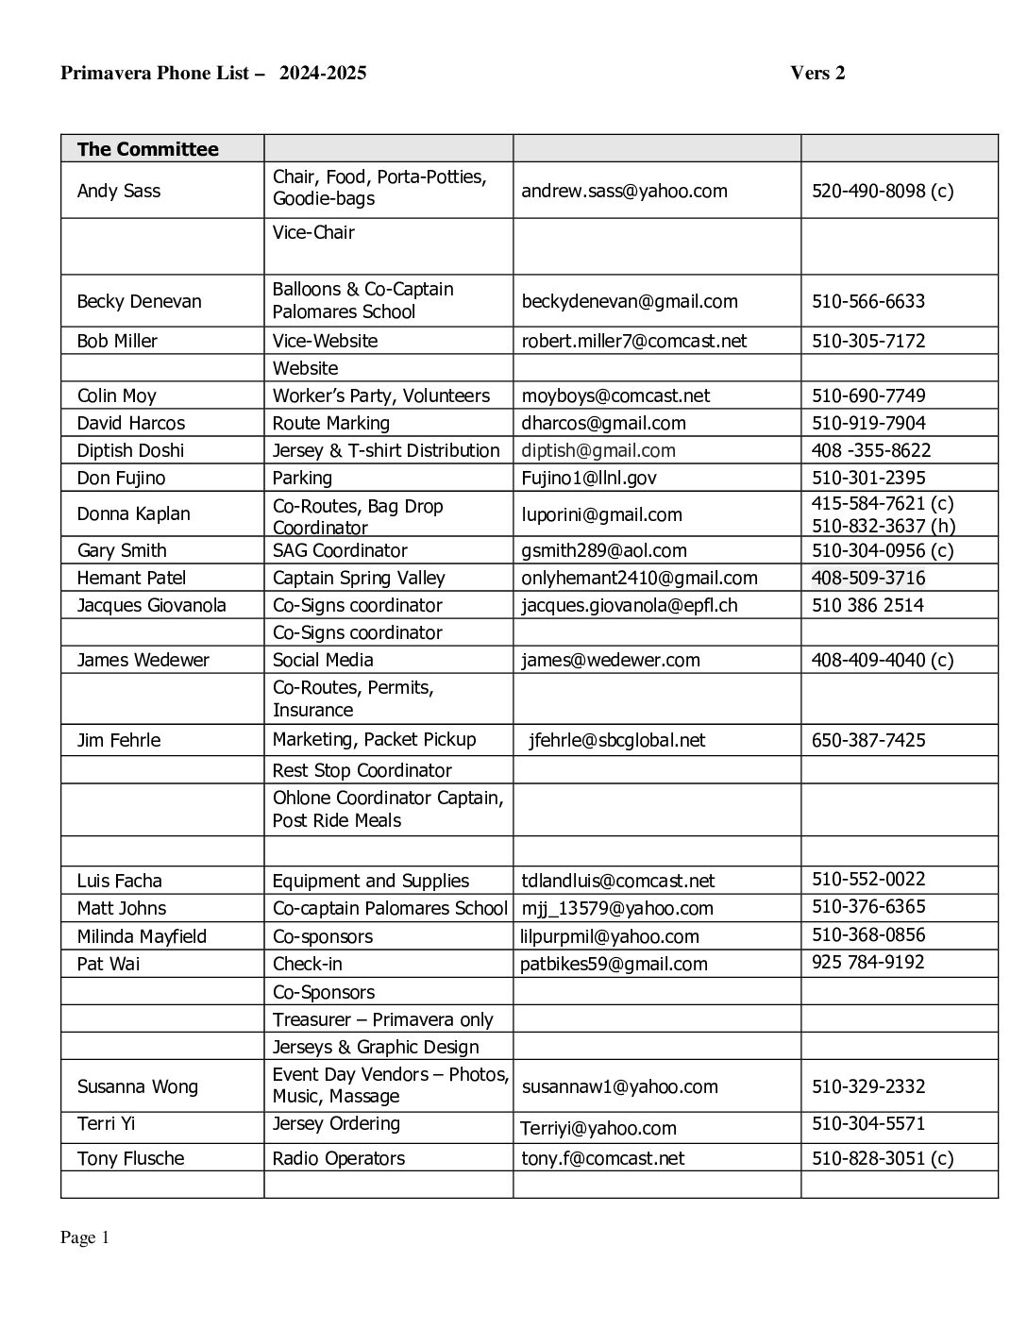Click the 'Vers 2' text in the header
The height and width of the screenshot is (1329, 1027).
point(817,74)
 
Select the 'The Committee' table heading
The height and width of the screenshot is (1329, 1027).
point(147,149)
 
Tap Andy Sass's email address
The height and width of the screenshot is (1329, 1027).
point(624,191)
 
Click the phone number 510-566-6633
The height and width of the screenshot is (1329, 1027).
point(867,301)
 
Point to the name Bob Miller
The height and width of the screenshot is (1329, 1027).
point(117,341)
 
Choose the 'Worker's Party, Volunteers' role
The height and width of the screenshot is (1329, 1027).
point(380,395)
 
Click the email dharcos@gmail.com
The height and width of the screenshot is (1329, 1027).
point(603,423)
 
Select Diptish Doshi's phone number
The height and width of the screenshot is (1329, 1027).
point(870,450)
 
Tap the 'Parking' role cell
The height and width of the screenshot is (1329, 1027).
point(302,478)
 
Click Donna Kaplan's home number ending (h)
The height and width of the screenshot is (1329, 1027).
point(883,526)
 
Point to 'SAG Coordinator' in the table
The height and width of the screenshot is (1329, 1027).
point(340,550)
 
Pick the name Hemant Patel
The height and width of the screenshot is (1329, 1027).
point(131,578)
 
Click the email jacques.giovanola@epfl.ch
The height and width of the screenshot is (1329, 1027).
point(630,605)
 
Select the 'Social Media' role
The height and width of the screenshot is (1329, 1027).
point(323,660)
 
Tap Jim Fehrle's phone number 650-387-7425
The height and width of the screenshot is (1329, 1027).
point(867,740)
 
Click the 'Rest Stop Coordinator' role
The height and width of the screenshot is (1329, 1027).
point(362,770)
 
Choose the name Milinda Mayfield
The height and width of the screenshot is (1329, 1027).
point(142,936)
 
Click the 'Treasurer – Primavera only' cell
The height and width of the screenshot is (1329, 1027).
point(382,1019)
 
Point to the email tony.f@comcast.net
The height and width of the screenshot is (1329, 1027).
point(602,1158)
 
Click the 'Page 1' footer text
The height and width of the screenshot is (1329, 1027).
point(85,1237)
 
